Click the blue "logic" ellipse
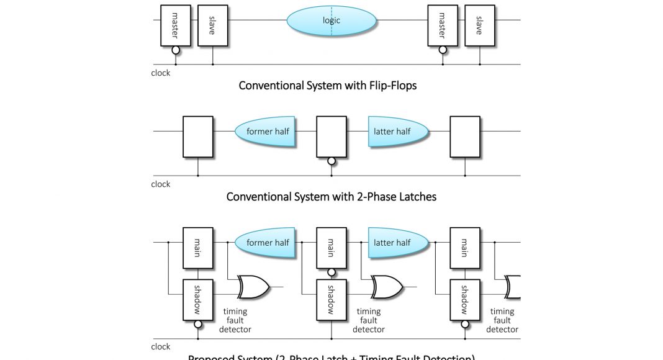331,20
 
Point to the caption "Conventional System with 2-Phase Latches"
331,197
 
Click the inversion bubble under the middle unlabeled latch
331,161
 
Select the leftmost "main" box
198,248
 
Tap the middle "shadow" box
331,300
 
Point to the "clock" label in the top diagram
161,73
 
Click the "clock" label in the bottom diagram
161,347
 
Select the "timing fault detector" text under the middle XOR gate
369,320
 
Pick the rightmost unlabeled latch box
465,137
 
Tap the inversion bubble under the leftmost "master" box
176,50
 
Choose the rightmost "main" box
465,248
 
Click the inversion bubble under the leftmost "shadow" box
198,324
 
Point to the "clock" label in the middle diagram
161,184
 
